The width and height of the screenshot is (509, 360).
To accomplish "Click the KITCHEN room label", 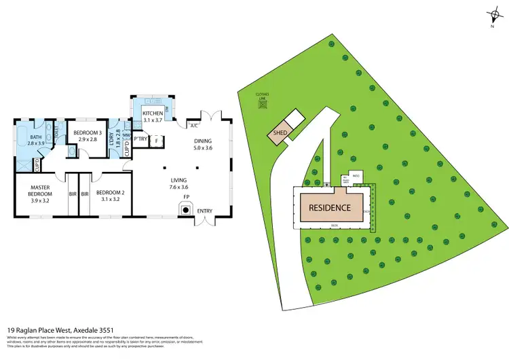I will (x=153, y=113).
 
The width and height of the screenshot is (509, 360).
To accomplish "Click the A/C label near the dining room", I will (x=193, y=126).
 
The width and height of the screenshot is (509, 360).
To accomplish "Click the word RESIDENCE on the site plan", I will (x=331, y=208).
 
